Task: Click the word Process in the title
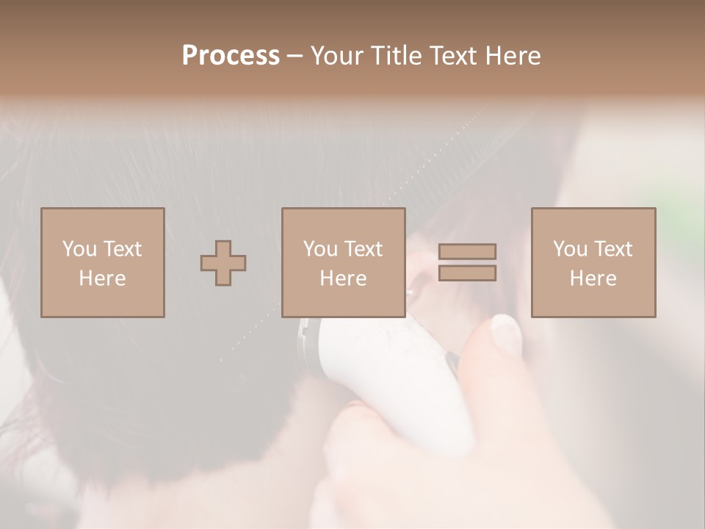[x=231, y=56]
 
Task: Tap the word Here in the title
[x=513, y=56]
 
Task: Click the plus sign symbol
[x=223, y=263]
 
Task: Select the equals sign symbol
[x=467, y=262]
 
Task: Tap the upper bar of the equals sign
[x=467, y=252]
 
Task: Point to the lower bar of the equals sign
[x=467, y=273]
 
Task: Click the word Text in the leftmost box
[x=122, y=249]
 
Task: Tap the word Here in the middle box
[x=343, y=278]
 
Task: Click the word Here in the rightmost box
[x=593, y=278]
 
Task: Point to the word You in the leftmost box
[x=79, y=249]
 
